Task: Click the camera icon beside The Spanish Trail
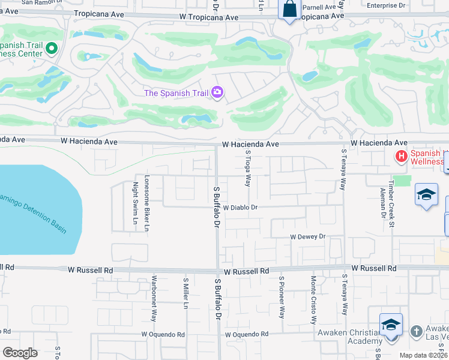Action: [217, 92]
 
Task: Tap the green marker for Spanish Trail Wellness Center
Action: [52, 48]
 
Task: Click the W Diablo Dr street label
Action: [240, 207]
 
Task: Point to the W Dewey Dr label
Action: [307, 237]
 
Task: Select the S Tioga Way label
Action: [247, 169]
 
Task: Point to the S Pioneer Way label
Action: [281, 296]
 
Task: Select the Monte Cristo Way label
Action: [313, 300]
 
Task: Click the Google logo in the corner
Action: [20, 353]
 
